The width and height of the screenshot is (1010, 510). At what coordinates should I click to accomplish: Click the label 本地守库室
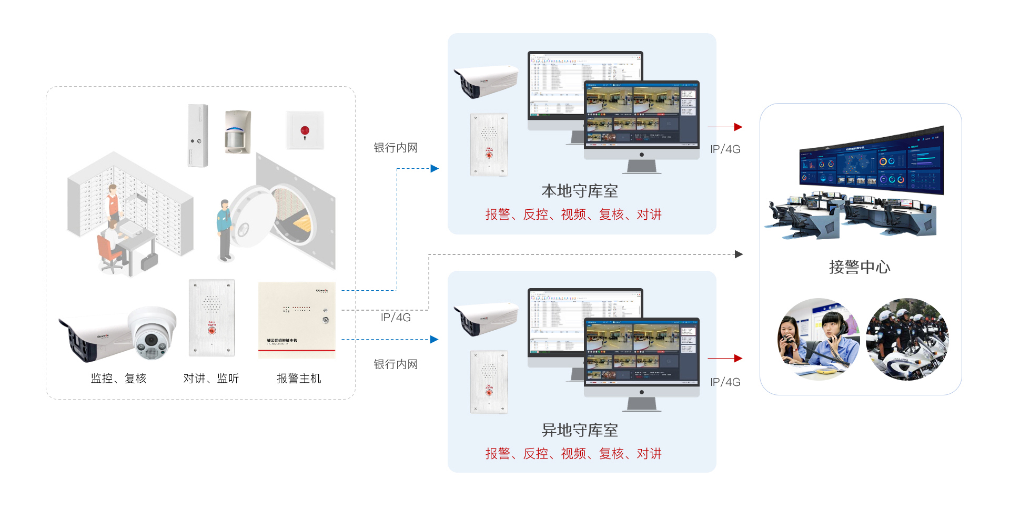580,191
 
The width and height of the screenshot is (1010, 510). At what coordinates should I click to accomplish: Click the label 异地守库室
580,430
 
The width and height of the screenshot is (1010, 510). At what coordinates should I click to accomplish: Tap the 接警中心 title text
860,267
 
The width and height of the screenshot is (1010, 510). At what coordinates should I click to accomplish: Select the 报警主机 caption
298,379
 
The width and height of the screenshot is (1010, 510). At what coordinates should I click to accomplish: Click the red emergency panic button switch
305,130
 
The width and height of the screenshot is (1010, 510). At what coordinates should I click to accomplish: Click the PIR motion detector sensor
237,132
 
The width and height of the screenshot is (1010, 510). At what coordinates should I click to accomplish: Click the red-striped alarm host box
297,320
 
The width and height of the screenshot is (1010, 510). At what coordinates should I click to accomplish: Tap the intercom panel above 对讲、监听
211,318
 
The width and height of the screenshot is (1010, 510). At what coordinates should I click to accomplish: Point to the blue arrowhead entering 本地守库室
434,169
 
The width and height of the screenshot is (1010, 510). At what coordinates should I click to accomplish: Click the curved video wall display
872,162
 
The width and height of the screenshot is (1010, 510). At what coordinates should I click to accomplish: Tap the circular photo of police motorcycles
907,339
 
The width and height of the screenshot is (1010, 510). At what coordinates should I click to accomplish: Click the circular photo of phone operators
819,339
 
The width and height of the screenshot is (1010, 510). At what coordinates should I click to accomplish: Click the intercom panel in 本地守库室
489,145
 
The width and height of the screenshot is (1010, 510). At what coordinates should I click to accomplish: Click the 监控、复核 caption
118,379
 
